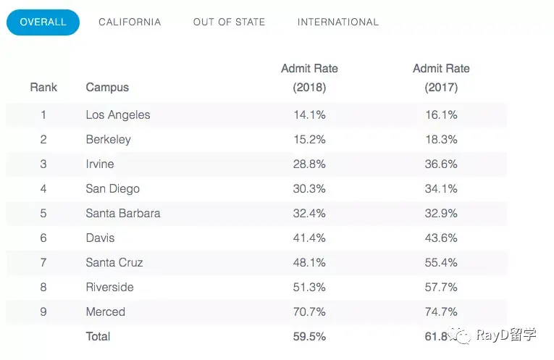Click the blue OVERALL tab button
(43, 22)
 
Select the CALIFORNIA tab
(130, 22)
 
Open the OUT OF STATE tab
(229, 22)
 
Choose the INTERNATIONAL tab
(337, 22)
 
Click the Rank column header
(43, 87)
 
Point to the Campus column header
(107, 87)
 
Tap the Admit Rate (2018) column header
(309, 78)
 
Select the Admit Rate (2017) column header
(441, 78)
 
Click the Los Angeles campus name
(118, 115)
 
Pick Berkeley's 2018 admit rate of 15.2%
(309, 140)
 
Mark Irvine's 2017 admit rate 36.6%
(441, 164)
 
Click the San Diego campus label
(113, 188)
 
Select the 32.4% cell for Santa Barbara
(309, 214)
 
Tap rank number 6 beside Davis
(43, 238)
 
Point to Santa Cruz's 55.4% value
(441, 262)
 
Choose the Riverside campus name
(110, 288)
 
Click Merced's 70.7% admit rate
(309, 311)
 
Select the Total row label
(98, 336)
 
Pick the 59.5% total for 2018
(309, 336)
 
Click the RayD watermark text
(506, 334)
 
